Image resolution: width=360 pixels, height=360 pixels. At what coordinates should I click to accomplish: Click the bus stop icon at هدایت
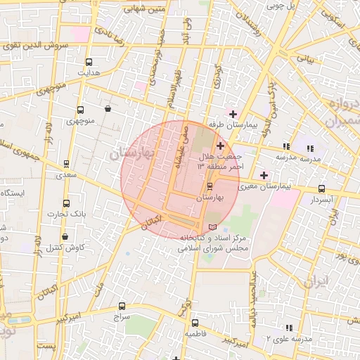click(x=89, y=62)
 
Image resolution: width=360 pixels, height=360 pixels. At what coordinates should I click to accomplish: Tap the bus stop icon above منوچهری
click(x=79, y=110)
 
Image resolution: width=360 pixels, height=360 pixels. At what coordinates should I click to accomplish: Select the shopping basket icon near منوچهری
click(x=107, y=109)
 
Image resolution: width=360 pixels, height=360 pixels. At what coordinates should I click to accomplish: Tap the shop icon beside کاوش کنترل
click(x=65, y=237)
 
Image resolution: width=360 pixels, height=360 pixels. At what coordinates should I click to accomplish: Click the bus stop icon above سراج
click(x=122, y=307)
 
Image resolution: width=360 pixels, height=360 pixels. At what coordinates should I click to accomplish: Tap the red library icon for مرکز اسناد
click(x=213, y=226)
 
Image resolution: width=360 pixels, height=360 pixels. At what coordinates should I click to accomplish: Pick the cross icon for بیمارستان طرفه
click(x=233, y=114)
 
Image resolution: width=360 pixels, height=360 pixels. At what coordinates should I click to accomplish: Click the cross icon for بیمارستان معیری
click(x=264, y=175)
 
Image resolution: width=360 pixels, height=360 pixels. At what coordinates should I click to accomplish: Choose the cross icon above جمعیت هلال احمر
click(x=220, y=145)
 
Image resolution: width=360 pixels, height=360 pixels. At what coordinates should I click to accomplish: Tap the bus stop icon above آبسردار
click(x=322, y=188)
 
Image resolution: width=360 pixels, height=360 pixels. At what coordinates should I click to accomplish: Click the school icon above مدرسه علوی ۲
click(x=288, y=328)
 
